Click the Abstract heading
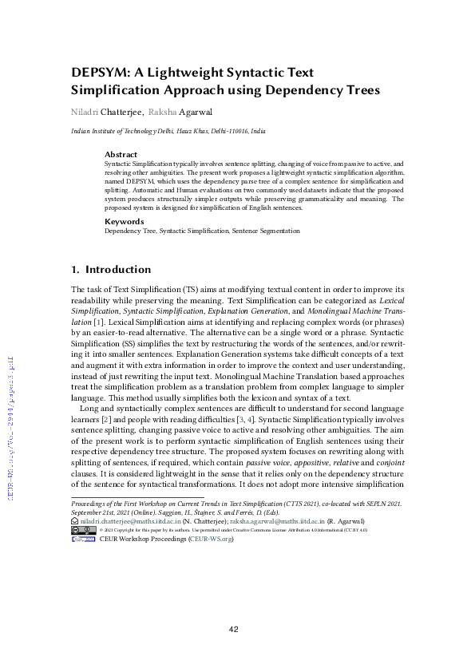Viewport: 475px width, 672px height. pos(121,154)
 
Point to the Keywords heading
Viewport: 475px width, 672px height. pos(124,221)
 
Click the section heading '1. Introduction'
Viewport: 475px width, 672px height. pos(111,270)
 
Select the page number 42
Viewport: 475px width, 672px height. pos(234,629)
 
